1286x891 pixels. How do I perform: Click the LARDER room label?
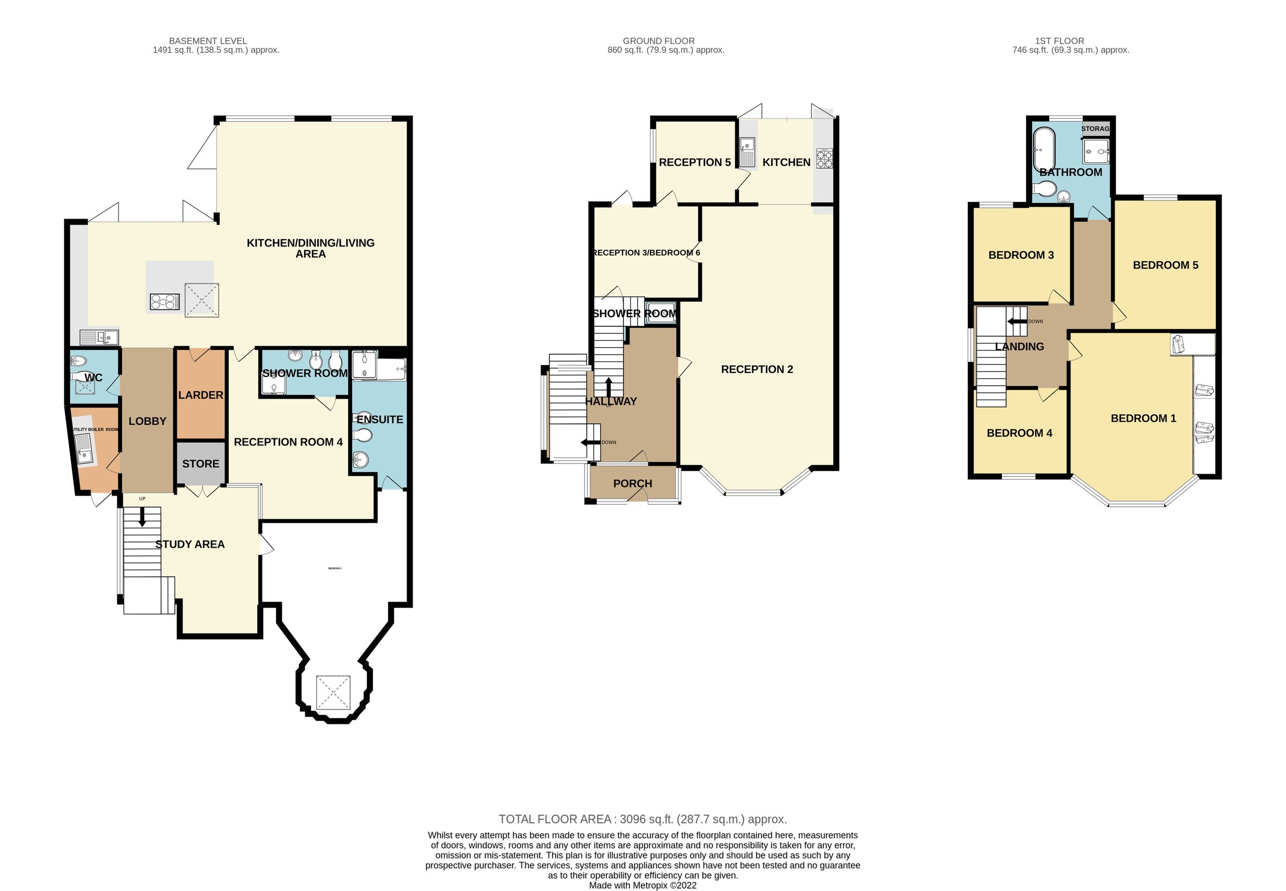(200, 395)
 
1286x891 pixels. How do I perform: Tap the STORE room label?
(200, 464)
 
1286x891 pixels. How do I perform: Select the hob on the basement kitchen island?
(165, 302)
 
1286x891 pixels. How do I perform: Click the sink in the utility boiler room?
(84, 449)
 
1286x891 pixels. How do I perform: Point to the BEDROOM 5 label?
(1165, 265)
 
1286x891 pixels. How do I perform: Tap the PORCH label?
(632, 483)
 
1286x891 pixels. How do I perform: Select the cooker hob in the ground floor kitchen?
(824, 159)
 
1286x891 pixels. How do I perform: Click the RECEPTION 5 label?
(694, 162)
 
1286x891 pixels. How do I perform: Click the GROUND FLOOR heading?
(658, 41)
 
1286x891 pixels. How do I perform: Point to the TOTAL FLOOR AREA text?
(642, 819)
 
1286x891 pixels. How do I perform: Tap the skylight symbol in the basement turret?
(333, 693)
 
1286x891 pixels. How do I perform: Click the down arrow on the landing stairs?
(1016, 321)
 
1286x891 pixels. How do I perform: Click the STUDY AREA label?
(190, 544)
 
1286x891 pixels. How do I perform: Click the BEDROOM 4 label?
(1019, 433)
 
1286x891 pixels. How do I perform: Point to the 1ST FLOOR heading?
(1059, 41)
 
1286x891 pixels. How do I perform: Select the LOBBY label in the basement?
(147, 422)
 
